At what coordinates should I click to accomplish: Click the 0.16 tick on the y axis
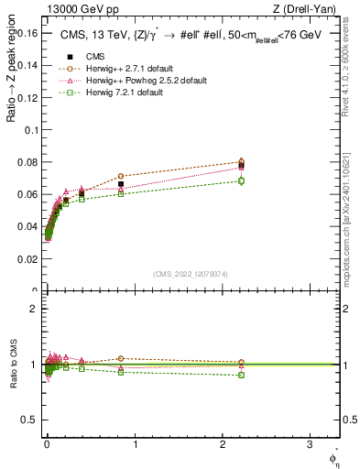point(27,32)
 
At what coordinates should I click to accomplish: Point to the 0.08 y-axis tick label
point(27,162)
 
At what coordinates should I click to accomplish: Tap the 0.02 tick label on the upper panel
point(27,259)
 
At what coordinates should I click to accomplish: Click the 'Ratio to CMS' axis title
point(12,365)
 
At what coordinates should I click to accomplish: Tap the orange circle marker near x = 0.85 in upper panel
point(121,176)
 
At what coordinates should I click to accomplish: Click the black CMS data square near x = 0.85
point(121,184)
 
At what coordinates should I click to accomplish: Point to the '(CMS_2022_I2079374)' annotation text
point(191,274)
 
